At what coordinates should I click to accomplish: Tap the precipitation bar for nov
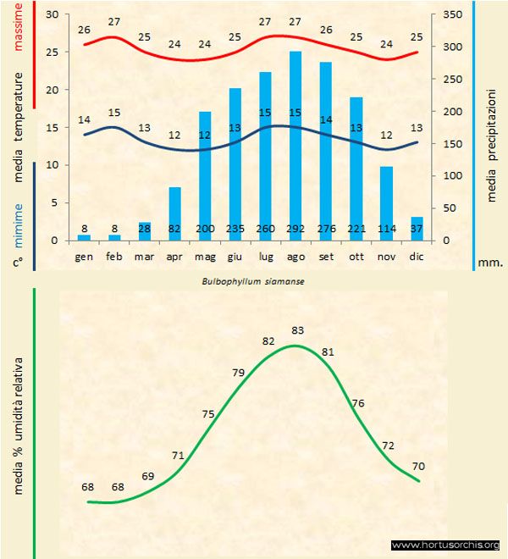point(386,203)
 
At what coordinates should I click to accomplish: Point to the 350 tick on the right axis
point(454,15)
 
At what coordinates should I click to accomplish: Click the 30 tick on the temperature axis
point(52,15)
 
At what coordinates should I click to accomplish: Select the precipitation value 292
point(295,229)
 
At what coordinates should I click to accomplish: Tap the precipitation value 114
point(386,229)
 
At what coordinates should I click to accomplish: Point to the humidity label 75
point(208,413)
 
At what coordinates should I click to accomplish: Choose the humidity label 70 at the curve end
point(419,466)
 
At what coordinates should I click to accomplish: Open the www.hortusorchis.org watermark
point(447,545)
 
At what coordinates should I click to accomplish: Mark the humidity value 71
point(178,456)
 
